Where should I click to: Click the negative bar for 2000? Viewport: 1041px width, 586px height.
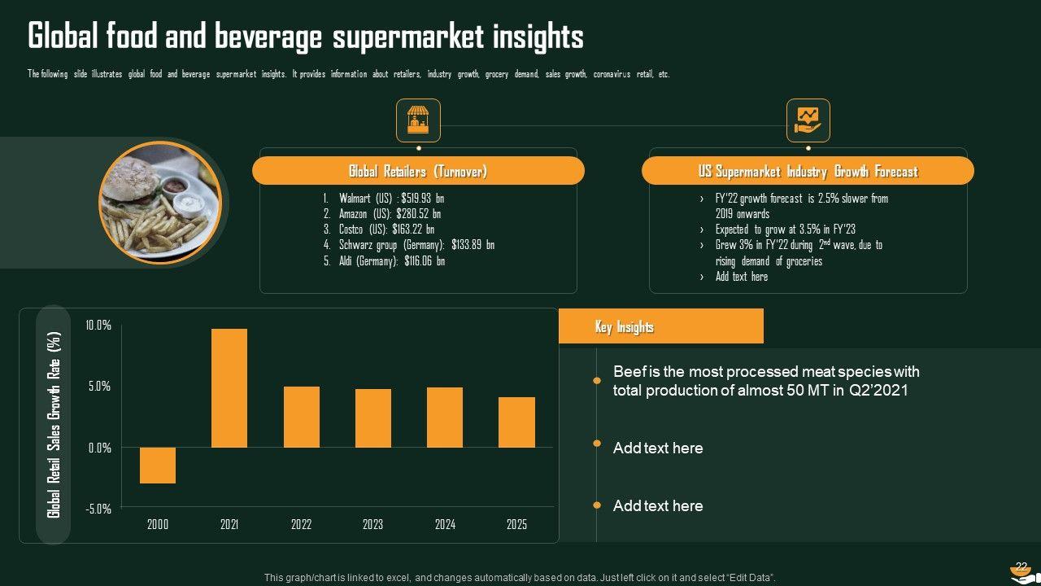(158, 466)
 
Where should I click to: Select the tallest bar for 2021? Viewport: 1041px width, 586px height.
(229, 388)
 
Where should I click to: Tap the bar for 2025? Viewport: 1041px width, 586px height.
(516, 422)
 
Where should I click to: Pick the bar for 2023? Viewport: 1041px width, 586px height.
(373, 418)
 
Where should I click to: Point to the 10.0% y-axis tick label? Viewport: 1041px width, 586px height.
(98, 326)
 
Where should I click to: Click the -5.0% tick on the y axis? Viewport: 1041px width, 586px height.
(98, 509)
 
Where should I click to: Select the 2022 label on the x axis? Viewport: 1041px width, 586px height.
(301, 525)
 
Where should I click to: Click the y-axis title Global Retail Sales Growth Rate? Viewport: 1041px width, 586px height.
(54, 424)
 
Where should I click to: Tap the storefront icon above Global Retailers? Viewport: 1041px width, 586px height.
(418, 120)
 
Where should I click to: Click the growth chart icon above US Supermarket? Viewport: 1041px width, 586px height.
(808, 120)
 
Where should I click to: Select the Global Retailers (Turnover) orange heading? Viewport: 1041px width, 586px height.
(418, 171)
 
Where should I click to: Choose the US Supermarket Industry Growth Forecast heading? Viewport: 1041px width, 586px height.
(808, 171)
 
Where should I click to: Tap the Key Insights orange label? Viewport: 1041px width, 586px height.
(660, 326)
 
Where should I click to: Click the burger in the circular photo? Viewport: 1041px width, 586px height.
(133, 183)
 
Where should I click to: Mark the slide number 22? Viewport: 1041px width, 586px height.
(1021, 566)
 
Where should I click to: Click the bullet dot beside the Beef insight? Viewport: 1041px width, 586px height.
(597, 380)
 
